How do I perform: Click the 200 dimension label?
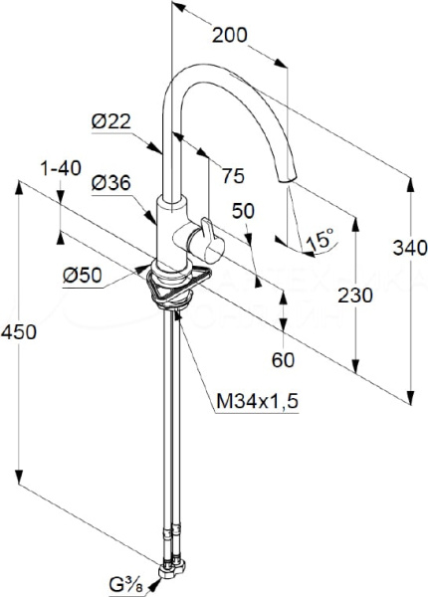pyautogui.click(x=229, y=35)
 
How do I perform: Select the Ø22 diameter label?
pyautogui.click(x=110, y=122)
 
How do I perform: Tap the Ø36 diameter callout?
pyautogui.click(x=110, y=183)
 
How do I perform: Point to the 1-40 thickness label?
pyautogui.click(x=61, y=168)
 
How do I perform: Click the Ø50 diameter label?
pyautogui.click(x=83, y=275)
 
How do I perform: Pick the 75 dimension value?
pyautogui.click(x=233, y=176)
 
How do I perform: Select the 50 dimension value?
pyautogui.click(x=243, y=211)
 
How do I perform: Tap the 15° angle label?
pyautogui.click(x=320, y=240)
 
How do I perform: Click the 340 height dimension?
pyautogui.click(x=410, y=248)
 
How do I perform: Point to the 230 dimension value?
pyautogui.click(x=355, y=296)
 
